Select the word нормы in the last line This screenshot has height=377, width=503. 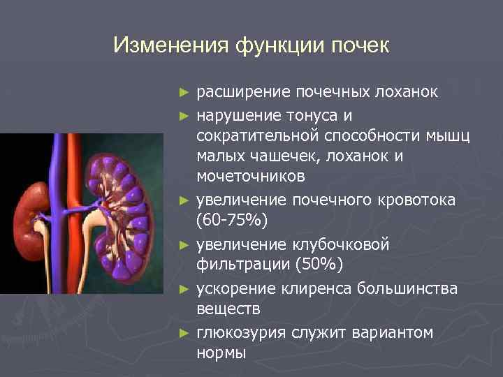[x=221, y=353]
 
